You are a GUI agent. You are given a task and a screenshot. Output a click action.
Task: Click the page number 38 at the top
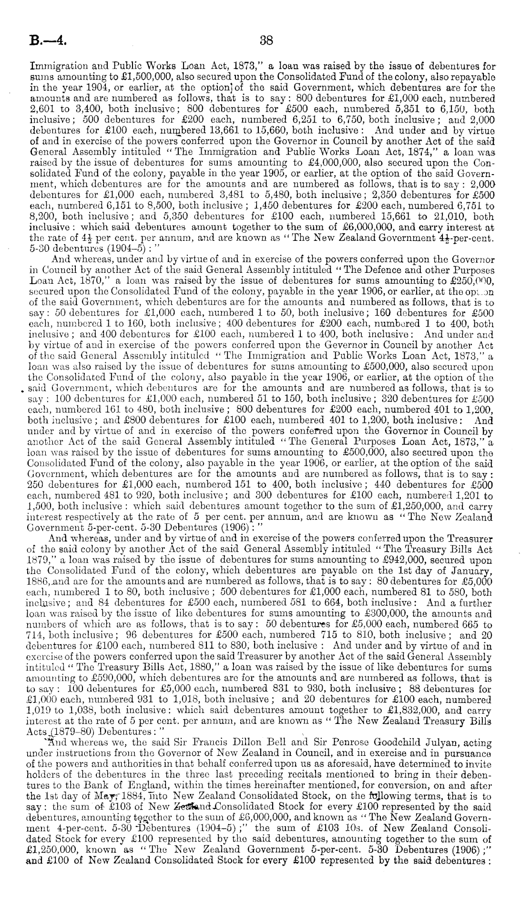(265, 41)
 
